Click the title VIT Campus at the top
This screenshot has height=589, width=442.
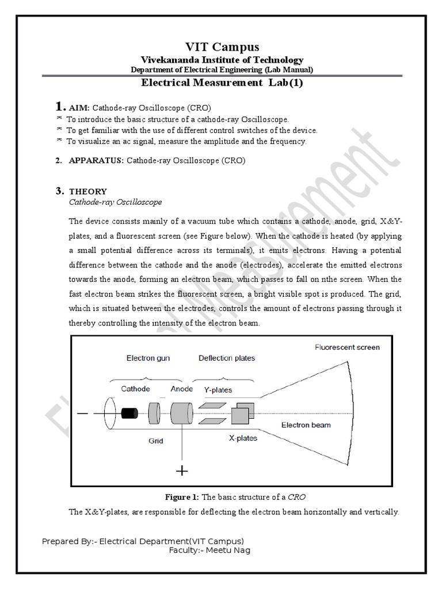point(222,47)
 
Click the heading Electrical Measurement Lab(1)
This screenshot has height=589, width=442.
point(222,83)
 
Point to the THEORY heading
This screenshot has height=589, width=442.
point(88,192)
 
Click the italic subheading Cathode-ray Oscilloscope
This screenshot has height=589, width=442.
point(115,202)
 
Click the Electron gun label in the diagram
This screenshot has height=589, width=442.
point(148,358)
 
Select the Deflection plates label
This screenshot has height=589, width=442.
point(227,358)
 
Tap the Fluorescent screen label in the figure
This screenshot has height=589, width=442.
point(347,347)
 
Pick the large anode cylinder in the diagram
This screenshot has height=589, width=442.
point(184,413)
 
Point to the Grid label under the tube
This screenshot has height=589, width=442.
point(155,441)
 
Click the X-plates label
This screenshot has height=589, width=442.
point(243,438)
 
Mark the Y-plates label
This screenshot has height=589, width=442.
point(218,389)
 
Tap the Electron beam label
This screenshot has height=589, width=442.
point(306,426)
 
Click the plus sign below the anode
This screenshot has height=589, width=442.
point(182,472)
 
